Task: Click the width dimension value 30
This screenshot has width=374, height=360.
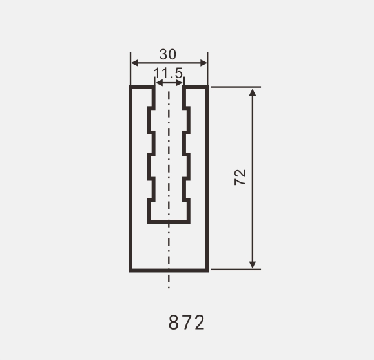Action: pos(168,55)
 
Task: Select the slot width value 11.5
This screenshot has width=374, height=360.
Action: pos(169,72)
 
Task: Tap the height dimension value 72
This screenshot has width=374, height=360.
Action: pos(240,178)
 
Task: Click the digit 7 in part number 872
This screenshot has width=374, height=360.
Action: pos(187,322)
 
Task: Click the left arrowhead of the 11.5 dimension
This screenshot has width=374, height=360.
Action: pos(157,82)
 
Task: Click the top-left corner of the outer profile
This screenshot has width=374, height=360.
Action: pos(130,87)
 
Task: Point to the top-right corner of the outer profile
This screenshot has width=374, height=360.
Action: pos(207,87)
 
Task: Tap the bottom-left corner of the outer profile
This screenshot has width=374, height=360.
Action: pos(130,270)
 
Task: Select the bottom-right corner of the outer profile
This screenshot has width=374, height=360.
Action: pos(207,270)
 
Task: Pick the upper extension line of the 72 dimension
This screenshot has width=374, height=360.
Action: pos(236,87)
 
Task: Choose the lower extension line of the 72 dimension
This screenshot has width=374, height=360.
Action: pos(236,269)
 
